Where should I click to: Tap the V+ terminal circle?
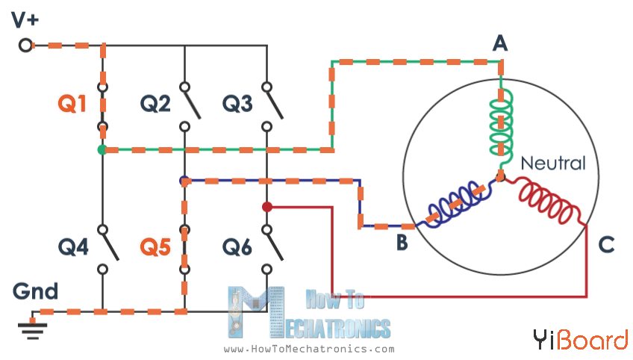click(x=25, y=46)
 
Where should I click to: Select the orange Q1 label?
click(x=72, y=105)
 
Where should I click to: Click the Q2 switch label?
click(x=155, y=105)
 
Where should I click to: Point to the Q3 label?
click(x=237, y=105)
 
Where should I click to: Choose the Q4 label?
click(x=72, y=246)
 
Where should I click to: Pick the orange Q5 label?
click(x=155, y=246)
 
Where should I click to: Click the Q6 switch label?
click(x=237, y=246)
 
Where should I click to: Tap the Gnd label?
click(x=35, y=291)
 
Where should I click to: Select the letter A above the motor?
click(x=500, y=44)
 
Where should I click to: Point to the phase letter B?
click(x=402, y=243)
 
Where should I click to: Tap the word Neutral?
click(x=552, y=163)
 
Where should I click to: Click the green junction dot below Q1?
click(x=102, y=150)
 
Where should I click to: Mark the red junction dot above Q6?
click(x=266, y=206)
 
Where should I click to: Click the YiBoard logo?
click(x=580, y=341)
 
